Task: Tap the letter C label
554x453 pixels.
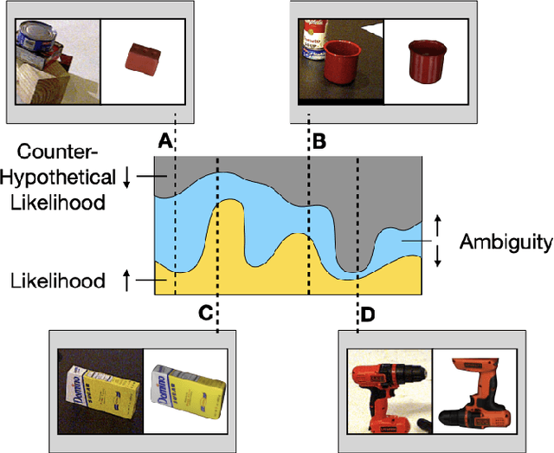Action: [206, 314]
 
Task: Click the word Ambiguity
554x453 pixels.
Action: [506, 242]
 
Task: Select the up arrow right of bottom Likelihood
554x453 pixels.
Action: [126, 281]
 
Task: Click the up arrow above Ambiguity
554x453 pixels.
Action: [438, 224]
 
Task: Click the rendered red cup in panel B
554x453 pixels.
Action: [425, 61]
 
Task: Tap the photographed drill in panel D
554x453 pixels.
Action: [386, 392]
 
